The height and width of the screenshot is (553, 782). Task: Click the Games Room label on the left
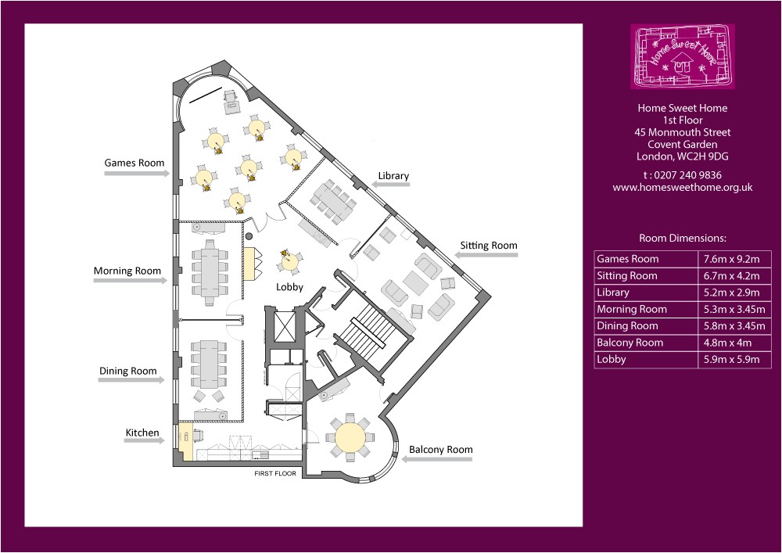coord(135,163)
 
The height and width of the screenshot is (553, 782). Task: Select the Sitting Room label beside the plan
coord(488,246)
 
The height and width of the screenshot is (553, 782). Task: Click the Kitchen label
coord(142,433)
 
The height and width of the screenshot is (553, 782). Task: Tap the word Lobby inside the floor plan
coord(289,287)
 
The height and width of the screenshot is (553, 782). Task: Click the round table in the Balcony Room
coord(350,438)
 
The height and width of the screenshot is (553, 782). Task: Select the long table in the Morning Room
coord(210,271)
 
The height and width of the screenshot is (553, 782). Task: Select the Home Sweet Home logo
coord(683,56)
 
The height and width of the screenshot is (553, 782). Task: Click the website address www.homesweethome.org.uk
coord(683,188)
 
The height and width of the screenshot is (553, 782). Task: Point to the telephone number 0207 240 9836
coord(683,175)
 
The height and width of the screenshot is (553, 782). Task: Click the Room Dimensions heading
coord(683,238)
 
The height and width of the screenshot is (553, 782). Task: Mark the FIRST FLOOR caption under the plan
coord(275,474)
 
